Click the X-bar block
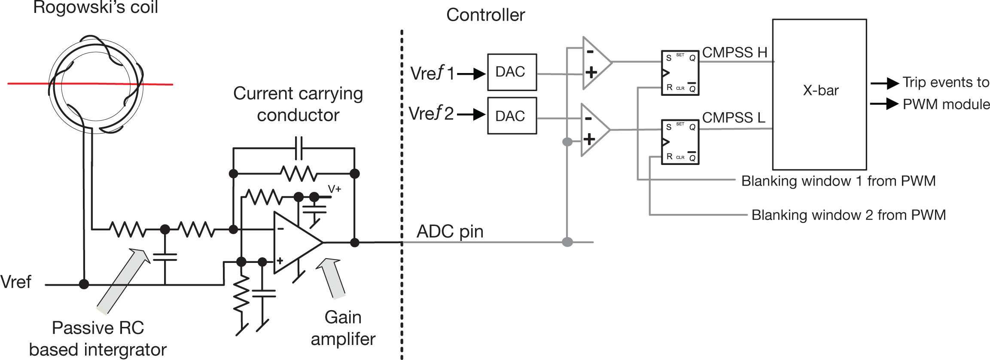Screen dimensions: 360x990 pos(819,94)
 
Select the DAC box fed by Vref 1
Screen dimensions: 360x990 pos(512,72)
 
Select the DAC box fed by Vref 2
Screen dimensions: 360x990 pos(512,116)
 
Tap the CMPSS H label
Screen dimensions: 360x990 pos(734,52)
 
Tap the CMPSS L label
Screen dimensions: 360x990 pos(734,117)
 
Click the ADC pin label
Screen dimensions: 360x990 pos(450,232)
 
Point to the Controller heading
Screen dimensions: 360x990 pos(485,15)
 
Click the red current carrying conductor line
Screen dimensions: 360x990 pos(26,83)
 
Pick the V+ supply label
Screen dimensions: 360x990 pos(334,189)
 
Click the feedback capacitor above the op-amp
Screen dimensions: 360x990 pos(299,148)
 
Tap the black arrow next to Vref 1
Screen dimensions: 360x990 pos(471,74)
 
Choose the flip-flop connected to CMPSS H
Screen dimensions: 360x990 pos(680,73)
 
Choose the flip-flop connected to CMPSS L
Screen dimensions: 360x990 pos(680,142)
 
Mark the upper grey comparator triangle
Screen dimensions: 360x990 pos(595,63)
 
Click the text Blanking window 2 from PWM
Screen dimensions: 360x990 pos(848,215)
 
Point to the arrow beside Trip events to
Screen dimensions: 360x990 pos(884,83)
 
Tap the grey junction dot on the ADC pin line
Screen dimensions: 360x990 pos(567,242)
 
